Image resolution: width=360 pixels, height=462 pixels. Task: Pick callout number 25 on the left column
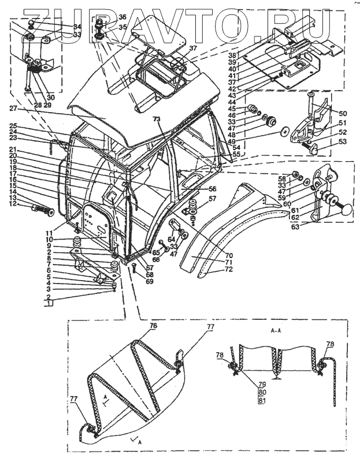13,126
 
